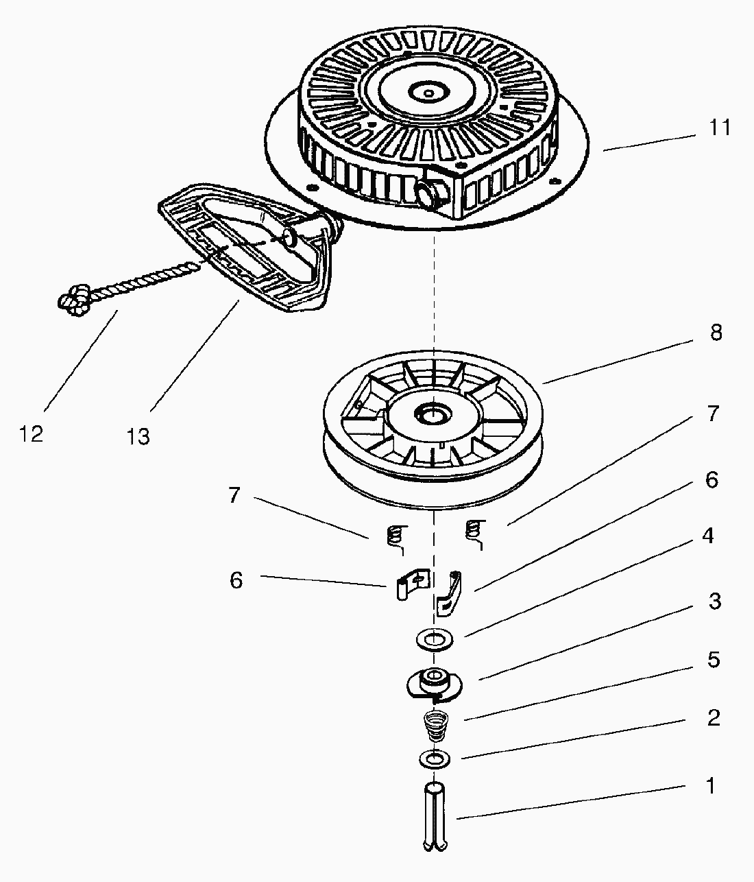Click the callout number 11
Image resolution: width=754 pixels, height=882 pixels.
click(719, 128)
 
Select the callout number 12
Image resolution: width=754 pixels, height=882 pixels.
click(32, 433)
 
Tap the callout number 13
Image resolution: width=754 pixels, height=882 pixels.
click(138, 436)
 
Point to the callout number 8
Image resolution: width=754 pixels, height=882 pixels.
click(716, 333)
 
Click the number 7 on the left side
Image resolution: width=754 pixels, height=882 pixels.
click(234, 495)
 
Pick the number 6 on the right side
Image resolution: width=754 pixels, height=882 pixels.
click(712, 480)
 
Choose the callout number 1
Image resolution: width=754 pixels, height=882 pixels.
click(711, 785)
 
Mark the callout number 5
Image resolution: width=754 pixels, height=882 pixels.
click(714, 660)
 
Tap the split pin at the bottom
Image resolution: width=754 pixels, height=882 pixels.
click(437, 816)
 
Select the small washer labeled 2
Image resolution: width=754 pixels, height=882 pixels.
click(435, 759)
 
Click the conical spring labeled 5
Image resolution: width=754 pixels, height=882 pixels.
click(434, 726)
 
